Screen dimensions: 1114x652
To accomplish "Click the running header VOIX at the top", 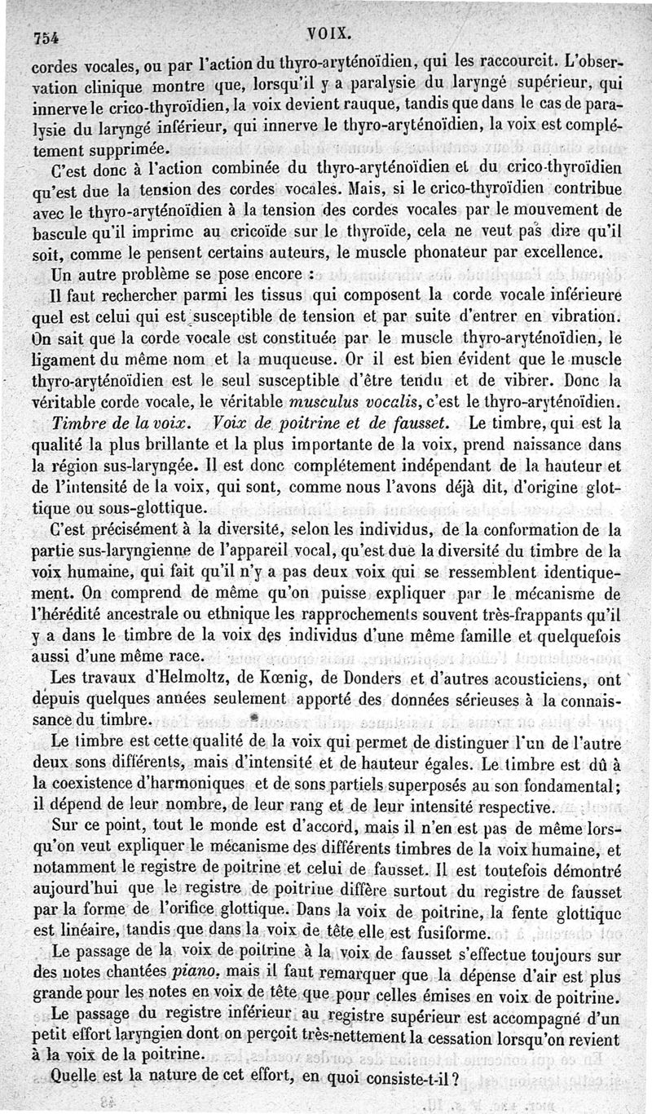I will tap(329, 33).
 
